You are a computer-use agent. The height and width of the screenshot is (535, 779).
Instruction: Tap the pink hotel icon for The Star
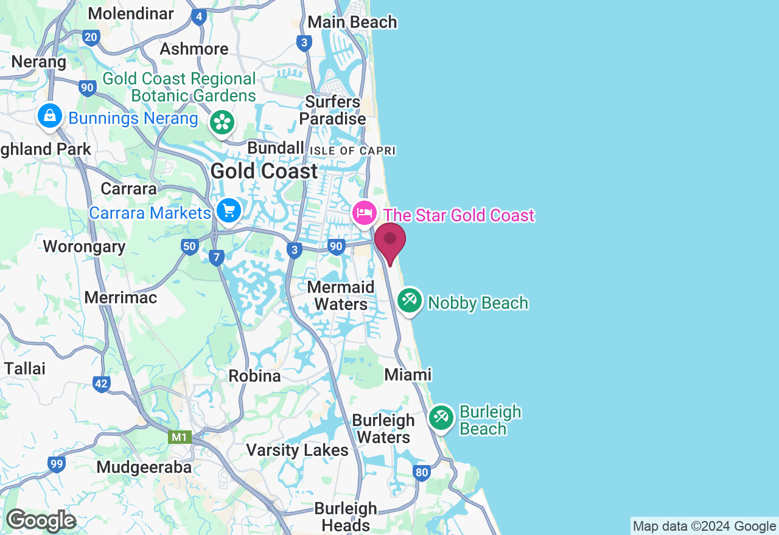point(364,213)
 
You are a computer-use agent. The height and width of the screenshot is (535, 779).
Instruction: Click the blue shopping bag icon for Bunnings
point(50,115)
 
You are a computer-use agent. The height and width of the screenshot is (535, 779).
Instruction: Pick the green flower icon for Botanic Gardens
point(222,123)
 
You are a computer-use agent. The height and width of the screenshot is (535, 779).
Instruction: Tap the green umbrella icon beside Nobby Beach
point(410,300)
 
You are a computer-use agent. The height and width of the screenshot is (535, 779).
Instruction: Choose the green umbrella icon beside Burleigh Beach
point(441,418)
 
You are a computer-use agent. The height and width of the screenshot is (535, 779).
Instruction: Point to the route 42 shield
point(102,384)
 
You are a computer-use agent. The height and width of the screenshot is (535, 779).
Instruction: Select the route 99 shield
point(57,464)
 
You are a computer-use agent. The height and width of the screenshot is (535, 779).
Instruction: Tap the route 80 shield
point(421,472)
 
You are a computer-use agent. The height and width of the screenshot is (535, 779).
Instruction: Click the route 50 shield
point(189,246)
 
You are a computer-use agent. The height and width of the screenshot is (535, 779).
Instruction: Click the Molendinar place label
point(131,13)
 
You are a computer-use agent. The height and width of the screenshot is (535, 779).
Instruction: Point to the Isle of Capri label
point(352,151)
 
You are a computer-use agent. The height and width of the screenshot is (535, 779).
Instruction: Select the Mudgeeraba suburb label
point(144,467)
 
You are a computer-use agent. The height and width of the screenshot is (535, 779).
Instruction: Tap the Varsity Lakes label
point(297,450)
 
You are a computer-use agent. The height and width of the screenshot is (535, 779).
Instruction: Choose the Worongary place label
point(84,246)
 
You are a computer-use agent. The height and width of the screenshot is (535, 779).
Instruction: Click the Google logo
point(41,520)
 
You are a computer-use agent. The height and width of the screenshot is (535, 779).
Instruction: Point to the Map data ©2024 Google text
point(704,526)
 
